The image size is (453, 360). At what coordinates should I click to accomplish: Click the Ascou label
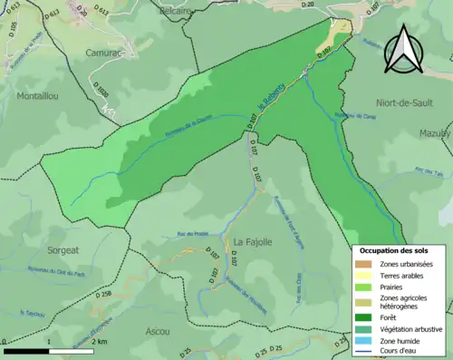coord(157,332)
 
